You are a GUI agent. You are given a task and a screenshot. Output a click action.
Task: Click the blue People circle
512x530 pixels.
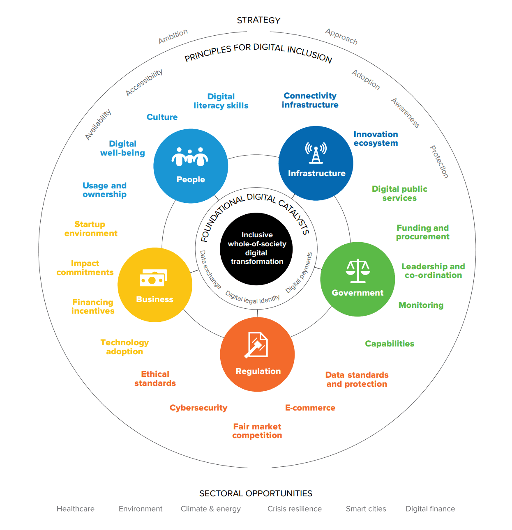(191, 166)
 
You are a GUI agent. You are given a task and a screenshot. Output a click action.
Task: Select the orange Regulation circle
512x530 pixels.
(257, 354)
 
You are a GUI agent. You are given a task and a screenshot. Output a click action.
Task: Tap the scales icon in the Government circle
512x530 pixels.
(358, 271)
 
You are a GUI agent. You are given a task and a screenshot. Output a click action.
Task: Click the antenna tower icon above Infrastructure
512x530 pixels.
(316, 153)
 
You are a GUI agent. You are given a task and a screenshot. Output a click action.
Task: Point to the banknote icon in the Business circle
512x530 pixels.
(153, 279)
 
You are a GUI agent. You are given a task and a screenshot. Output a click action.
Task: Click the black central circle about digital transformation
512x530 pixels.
(256, 249)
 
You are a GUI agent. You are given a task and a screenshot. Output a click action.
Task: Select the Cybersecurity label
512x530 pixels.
(198, 408)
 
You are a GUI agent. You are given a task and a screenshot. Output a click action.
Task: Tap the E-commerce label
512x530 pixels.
(310, 408)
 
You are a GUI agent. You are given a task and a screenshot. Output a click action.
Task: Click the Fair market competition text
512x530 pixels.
(257, 431)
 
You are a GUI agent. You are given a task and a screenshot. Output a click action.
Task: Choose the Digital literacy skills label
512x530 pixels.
(221, 101)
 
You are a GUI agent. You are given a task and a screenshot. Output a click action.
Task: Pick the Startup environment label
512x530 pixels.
(91, 229)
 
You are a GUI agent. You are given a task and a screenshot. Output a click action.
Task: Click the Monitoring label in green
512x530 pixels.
(421, 305)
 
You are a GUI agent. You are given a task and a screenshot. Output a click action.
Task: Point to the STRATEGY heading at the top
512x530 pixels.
(258, 20)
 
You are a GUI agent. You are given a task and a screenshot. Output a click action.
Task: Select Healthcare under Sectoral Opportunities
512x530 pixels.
(76, 509)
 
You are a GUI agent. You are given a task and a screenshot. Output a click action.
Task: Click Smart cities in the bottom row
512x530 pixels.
(366, 509)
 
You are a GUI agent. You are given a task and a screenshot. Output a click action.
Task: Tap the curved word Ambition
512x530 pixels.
(173, 37)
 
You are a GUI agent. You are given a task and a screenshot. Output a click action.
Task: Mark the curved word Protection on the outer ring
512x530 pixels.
(439, 162)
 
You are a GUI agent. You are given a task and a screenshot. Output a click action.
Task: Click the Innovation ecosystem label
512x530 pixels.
(376, 139)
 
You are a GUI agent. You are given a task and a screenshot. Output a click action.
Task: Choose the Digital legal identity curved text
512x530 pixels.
(252, 298)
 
